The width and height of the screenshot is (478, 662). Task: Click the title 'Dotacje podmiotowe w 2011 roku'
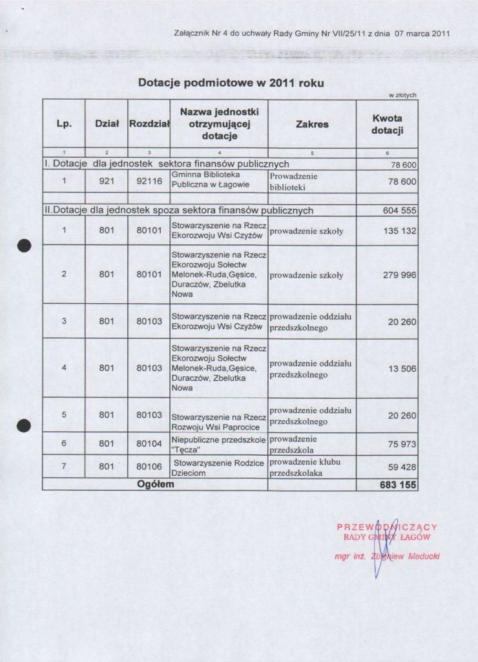tap(231, 83)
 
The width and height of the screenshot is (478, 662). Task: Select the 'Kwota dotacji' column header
tap(387, 125)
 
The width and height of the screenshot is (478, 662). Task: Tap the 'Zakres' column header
tap(312, 124)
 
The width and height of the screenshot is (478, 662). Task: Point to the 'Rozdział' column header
tap(149, 124)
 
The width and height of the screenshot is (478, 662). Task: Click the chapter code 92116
tap(149, 182)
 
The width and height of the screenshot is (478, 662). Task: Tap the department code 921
tap(107, 182)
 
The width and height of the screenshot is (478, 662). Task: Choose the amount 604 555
tap(399, 211)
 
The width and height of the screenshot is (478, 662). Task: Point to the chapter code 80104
tap(149, 443)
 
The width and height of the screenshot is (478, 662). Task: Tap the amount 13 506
tap(401, 368)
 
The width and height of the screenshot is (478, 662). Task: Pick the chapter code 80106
tap(149, 466)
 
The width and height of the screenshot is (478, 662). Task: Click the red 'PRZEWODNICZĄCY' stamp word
tap(388, 527)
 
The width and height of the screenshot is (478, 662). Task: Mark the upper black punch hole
tap(24, 246)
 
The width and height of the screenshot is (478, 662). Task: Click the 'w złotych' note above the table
tap(402, 95)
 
